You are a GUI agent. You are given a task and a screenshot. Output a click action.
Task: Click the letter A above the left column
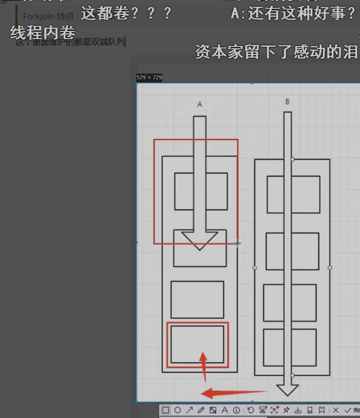200,105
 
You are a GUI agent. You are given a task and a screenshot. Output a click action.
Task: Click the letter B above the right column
287,102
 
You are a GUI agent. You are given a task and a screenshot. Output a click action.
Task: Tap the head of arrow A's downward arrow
200,241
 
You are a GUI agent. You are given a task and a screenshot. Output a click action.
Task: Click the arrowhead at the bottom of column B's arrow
287,389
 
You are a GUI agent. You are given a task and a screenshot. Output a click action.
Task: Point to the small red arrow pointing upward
203,366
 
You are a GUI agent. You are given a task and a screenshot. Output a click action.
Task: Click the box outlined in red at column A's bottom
198,344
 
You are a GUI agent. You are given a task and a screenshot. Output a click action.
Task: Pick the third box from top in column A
198,299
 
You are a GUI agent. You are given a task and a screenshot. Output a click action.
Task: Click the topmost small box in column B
293,194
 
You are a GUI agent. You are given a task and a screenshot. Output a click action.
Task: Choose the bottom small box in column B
290,347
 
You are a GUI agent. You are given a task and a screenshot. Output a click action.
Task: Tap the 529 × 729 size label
149,77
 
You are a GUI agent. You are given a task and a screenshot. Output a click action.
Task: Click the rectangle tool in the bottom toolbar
166,410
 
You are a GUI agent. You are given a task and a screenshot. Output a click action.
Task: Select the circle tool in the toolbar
177,410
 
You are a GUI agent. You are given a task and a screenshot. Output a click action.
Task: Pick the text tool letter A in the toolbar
224,410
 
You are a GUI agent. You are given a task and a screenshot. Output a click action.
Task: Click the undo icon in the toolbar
250,410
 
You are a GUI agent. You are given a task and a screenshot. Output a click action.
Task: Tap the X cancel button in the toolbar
336,410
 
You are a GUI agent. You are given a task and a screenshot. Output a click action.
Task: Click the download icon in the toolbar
298,410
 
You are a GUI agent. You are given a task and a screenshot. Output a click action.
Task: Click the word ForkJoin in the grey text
38,16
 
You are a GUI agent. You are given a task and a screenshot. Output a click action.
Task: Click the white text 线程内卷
43,33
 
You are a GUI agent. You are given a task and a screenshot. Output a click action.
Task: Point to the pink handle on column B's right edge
330,267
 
